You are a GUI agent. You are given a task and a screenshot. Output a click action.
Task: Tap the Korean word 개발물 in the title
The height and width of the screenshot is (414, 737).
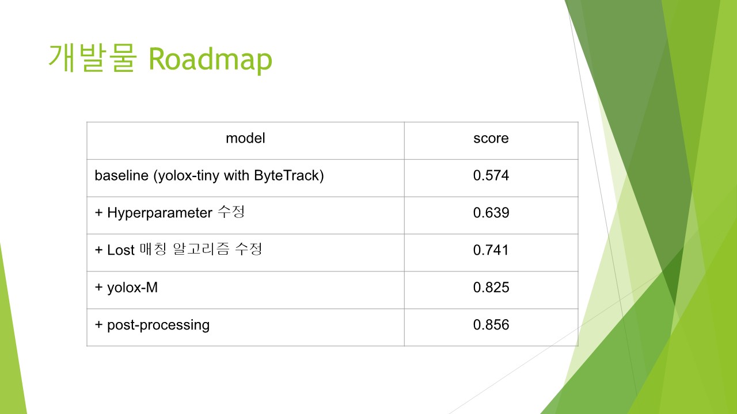click(93, 58)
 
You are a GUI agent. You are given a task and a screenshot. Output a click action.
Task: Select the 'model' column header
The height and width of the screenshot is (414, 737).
click(245, 139)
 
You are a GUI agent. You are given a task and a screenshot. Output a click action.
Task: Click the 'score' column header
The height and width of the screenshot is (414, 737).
click(491, 139)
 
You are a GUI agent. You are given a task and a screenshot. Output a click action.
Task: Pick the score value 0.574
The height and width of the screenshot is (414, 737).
click(491, 175)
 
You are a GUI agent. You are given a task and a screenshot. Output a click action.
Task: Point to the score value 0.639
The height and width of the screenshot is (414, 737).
click(491, 213)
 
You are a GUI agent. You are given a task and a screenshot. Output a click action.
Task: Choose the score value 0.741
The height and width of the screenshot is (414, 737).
click(491, 250)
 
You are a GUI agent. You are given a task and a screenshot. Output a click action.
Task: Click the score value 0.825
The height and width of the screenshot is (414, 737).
click(491, 287)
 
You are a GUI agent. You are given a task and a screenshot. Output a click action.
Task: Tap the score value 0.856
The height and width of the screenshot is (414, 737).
click(491, 325)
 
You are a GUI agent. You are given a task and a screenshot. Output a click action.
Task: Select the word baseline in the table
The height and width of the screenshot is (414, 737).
click(121, 175)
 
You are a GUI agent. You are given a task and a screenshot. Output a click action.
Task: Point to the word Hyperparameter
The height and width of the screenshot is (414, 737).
click(159, 213)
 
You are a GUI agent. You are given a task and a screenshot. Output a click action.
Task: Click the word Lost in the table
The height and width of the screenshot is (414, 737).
click(121, 250)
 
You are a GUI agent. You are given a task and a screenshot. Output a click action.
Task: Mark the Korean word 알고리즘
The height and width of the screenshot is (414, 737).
click(201, 249)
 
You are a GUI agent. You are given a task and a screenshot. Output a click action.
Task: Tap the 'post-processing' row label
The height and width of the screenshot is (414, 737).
click(158, 325)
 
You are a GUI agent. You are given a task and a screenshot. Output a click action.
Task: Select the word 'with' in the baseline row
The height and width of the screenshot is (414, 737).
click(236, 175)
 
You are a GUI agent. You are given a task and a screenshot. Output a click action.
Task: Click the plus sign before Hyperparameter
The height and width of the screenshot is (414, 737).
click(98, 213)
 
